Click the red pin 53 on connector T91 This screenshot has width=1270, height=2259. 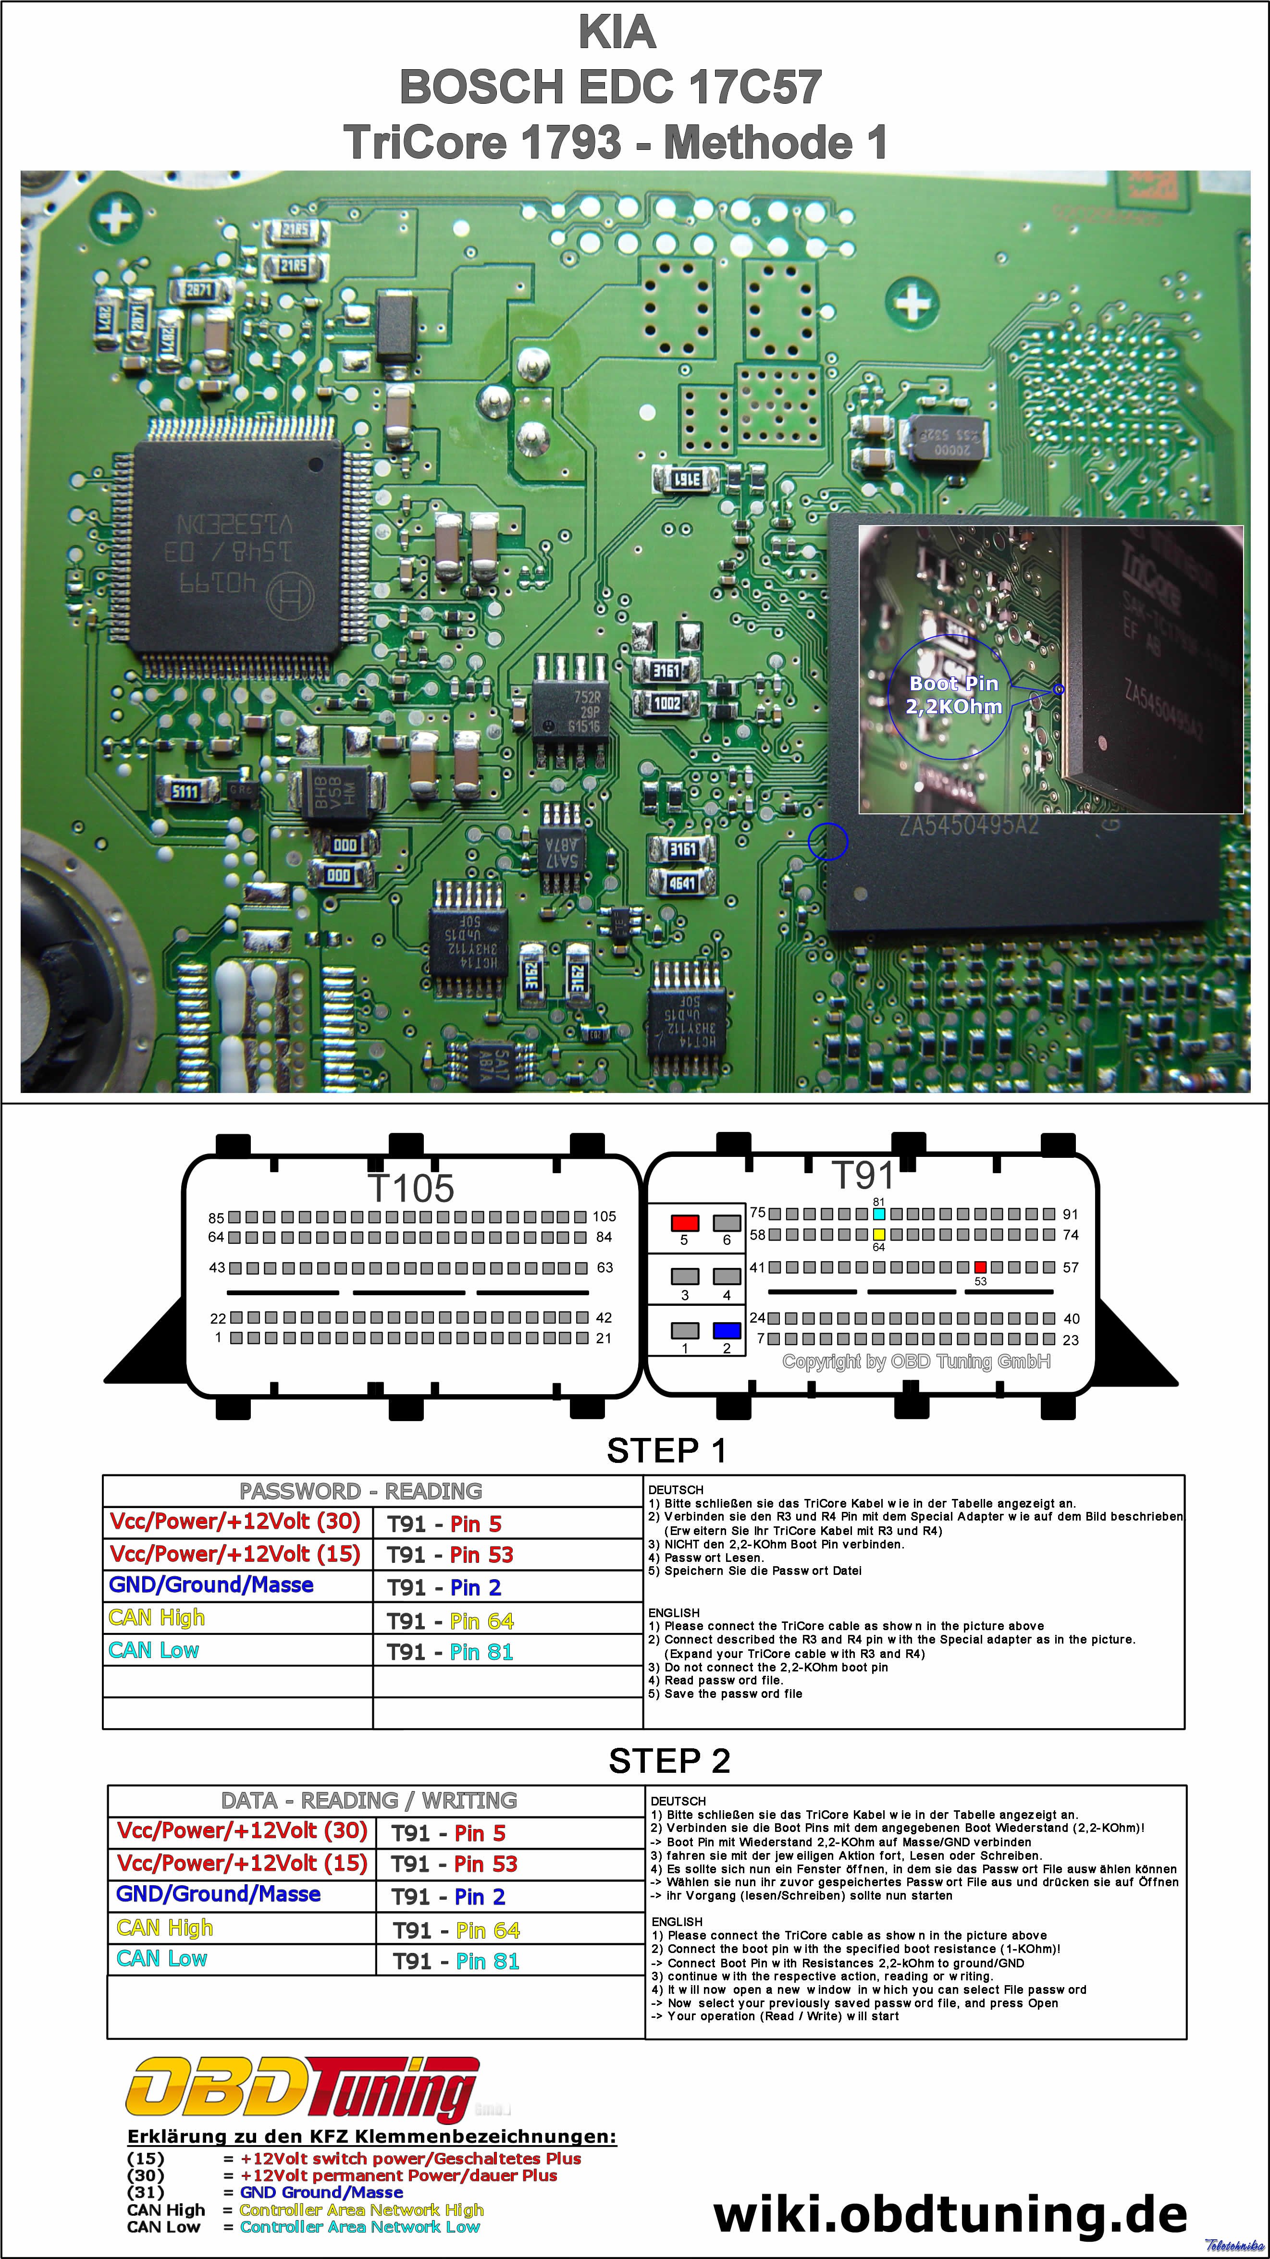click(x=981, y=1267)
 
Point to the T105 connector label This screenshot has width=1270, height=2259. click(x=411, y=1188)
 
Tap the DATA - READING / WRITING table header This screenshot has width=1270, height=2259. click(x=369, y=1800)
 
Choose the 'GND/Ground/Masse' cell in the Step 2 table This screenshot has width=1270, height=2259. click(x=218, y=1894)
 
